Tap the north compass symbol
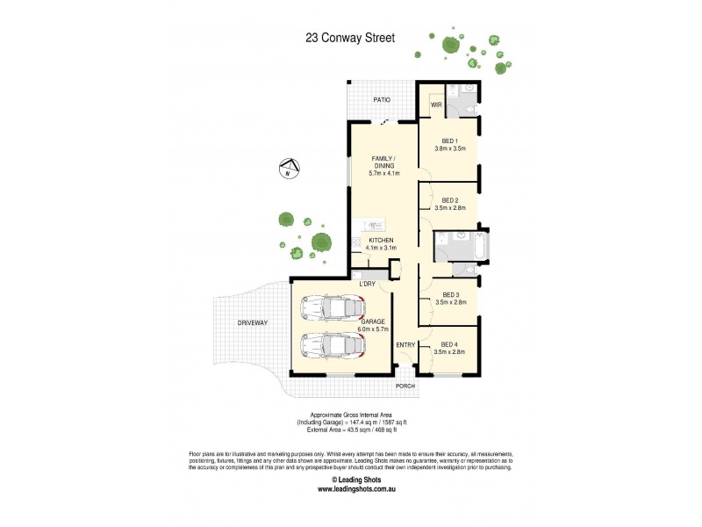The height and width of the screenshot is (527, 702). point(287,168)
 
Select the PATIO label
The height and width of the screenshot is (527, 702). point(381,99)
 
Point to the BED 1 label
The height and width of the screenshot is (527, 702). point(449,141)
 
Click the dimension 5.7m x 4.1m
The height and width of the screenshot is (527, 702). point(383,173)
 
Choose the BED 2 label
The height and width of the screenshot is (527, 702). point(449,199)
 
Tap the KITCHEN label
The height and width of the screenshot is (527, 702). point(380,241)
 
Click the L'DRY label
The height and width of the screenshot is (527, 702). point(367,284)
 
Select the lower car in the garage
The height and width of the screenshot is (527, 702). point(331,343)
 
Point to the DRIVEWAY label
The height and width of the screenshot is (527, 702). point(252,323)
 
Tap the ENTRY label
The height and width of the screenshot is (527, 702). point(405,344)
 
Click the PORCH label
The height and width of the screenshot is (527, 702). point(405,386)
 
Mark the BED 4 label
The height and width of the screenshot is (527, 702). point(449,344)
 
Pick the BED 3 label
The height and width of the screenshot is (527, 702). point(449,294)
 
